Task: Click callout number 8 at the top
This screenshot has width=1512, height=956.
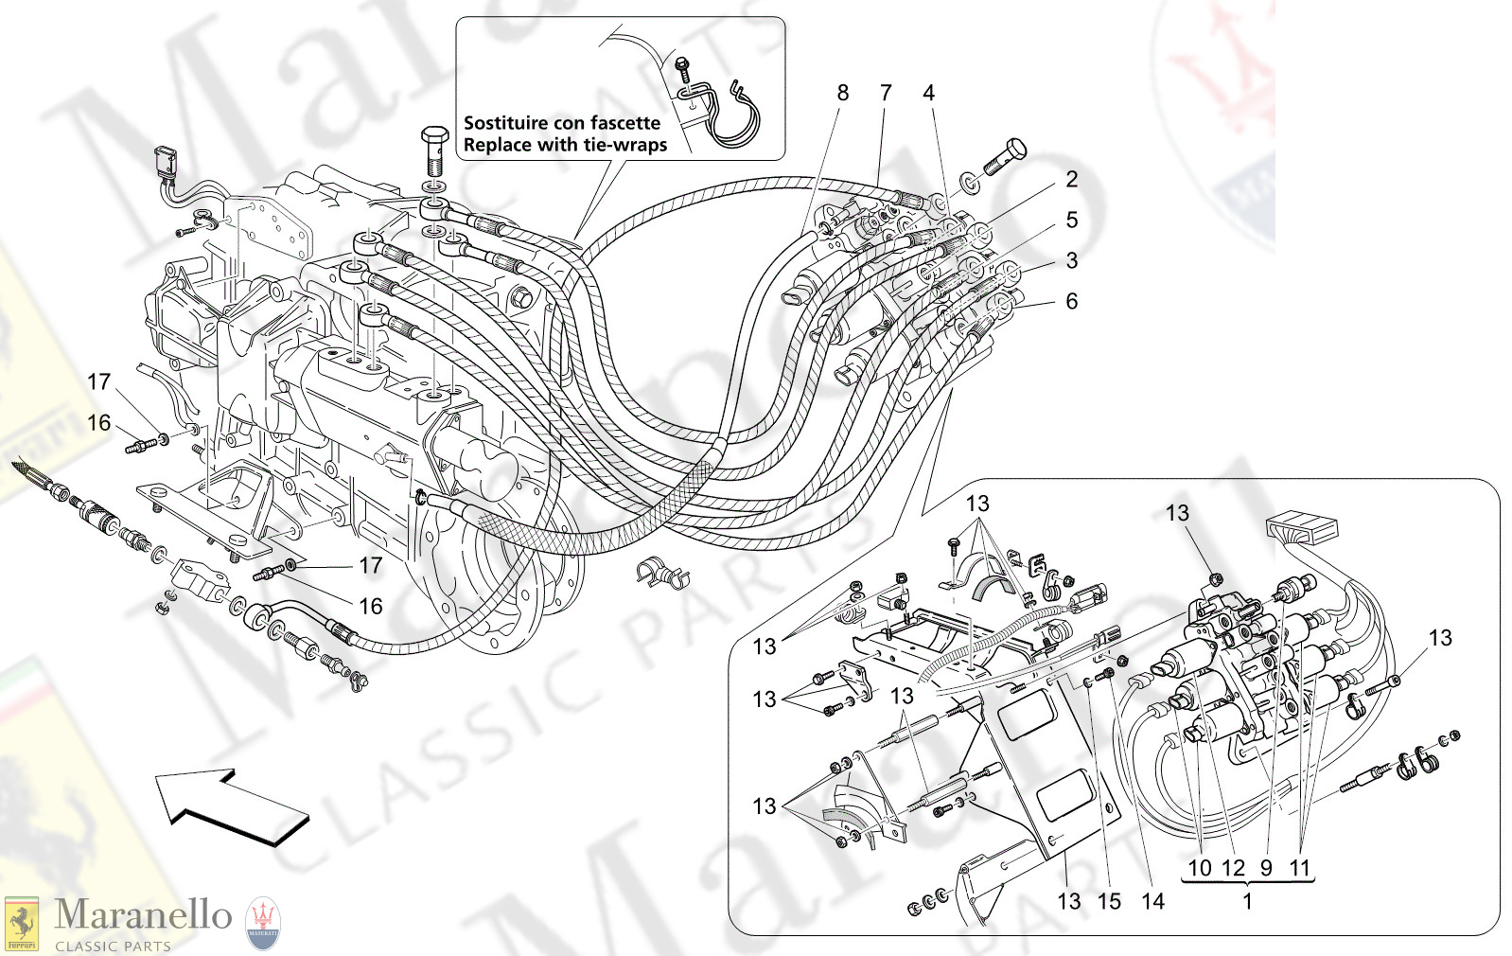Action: pos(842,93)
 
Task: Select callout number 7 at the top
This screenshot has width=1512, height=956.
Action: pos(886,93)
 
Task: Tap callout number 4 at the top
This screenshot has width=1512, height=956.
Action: pos(928,93)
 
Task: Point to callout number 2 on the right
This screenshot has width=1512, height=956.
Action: pos(1071,179)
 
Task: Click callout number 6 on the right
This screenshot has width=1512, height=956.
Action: pos(1071,301)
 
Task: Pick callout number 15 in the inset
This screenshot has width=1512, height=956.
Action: pos(1109,901)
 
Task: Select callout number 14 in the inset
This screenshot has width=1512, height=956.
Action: pos(1152,901)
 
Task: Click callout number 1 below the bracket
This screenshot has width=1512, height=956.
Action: pos(1247,901)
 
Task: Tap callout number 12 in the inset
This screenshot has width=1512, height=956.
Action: pos(1233,867)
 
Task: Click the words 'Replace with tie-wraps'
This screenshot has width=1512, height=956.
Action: pos(565,145)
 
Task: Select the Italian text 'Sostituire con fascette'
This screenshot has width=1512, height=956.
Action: pos(562,123)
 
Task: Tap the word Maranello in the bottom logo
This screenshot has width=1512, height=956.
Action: pos(143,915)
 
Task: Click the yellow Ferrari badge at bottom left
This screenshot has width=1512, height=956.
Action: pos(21,924)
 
